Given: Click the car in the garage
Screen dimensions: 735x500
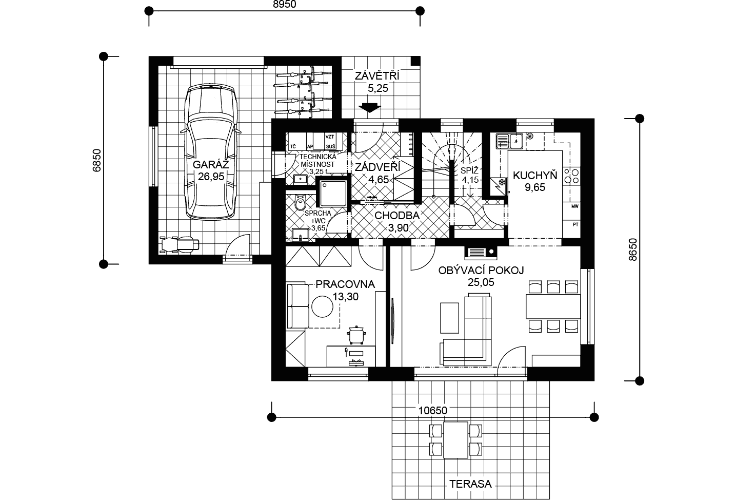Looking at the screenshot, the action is click(211, 152).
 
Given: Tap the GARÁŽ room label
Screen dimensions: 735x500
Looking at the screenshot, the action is click(211, 164).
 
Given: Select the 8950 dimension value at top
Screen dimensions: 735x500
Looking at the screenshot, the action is click(285, 4).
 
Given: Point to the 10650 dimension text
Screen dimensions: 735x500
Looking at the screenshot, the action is click(433, 411).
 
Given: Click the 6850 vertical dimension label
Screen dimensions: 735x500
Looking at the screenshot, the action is click(97, 160).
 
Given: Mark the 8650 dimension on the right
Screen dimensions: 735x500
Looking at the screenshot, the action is click(633, 249).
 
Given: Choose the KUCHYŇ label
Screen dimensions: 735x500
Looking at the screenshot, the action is click(535, 176).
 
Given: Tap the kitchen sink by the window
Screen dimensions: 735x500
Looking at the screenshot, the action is click(509, 141).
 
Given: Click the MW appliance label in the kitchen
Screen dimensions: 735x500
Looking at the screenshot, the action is click(575, 206).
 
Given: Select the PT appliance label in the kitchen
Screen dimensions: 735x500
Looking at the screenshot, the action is click(575, 225).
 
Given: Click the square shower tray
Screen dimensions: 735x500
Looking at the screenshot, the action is click(333, 193).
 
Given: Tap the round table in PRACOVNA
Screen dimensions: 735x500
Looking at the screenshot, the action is click(322, 306).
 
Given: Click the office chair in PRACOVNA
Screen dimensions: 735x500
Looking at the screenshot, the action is click(356, 335).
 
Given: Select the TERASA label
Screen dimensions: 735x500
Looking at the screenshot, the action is click(470, 484).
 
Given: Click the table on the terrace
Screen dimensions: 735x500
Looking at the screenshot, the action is click(455, 440).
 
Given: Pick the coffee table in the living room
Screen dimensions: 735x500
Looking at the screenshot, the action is click(449, 318).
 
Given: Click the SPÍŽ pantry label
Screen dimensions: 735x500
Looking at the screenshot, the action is click(469, 170).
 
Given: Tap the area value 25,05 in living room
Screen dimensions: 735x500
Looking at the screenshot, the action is click(481, 282).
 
